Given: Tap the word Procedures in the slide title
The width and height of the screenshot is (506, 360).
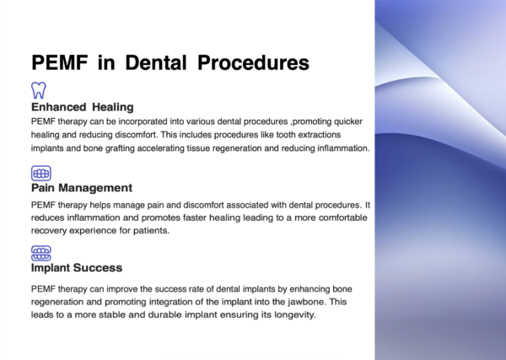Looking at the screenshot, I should pos(248,63).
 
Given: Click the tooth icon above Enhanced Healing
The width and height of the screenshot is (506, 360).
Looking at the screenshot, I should pos(39,89).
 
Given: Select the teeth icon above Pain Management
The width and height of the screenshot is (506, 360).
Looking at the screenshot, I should pos(40,172).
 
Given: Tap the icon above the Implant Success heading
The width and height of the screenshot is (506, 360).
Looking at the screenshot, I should pos(40,252).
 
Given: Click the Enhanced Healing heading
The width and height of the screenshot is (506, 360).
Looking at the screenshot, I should pos(82,108).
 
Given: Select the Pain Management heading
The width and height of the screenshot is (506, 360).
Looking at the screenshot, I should pos(81,188).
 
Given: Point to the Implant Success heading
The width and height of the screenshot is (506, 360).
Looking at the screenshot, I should pos(77,268).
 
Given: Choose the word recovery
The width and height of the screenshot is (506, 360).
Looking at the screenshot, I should pos(51,229).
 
